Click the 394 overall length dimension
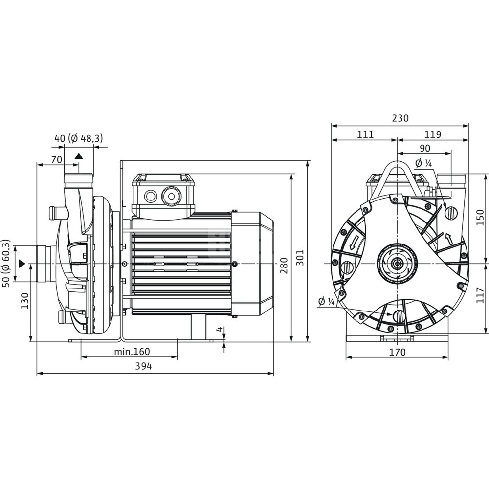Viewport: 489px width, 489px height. click(x=143, y=366)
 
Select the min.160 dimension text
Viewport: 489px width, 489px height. click(x=132, y=352)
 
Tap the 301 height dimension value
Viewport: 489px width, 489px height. click(x=300, y=257)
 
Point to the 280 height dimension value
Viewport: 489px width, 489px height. click(x=284, y=266)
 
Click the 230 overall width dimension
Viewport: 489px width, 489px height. click(x=400, y=118)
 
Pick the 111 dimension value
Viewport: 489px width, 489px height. click(x=365, y=134)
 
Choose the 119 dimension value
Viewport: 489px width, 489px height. click(x=433, y=134)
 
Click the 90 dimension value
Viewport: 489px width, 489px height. click(x=425, y=148)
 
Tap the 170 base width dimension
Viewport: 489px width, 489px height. click(x=398, y=352)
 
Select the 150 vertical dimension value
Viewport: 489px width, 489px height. click(x=480, y=218)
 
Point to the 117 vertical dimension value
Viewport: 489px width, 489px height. click(x=480, y=295)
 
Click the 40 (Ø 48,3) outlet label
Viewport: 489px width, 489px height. click(x=79, y=138)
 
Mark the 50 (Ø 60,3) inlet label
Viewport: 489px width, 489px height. click(x=6, y=264)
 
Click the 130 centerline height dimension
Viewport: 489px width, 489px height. click(x=24, y=301)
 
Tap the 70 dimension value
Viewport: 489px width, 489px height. click(x=56, y=160)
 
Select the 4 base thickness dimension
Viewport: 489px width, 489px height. click(x=220, y=329)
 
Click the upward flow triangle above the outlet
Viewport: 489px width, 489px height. click(x=79, y=156)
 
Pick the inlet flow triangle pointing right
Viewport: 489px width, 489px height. click(x=22, y=264)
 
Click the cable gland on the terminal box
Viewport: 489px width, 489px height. click(x=171, y=196)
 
